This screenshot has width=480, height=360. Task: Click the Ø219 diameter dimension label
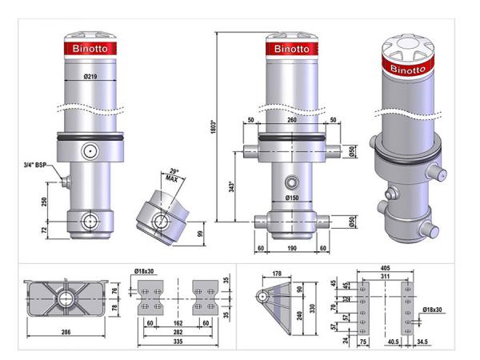(90, 77)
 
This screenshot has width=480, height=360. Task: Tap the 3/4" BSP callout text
(35, 165)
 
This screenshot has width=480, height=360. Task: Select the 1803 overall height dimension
(214, 127)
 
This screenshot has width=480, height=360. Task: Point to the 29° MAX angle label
(172, 175)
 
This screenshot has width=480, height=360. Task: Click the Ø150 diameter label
(292, 198)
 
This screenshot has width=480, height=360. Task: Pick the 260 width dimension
(292, 120)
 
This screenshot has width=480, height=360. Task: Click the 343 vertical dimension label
(232, 186)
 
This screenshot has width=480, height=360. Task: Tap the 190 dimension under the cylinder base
(292, 248)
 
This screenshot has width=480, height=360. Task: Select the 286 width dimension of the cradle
(66, 332)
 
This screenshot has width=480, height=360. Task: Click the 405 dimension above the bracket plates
(385, 268)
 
